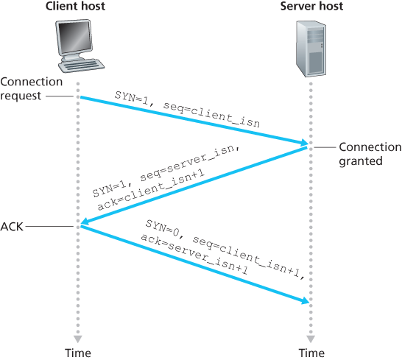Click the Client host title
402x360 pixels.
pos(77,7)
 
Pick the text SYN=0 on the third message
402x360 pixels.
pos(167,227)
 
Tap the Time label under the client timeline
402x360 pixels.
pos(78,352)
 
